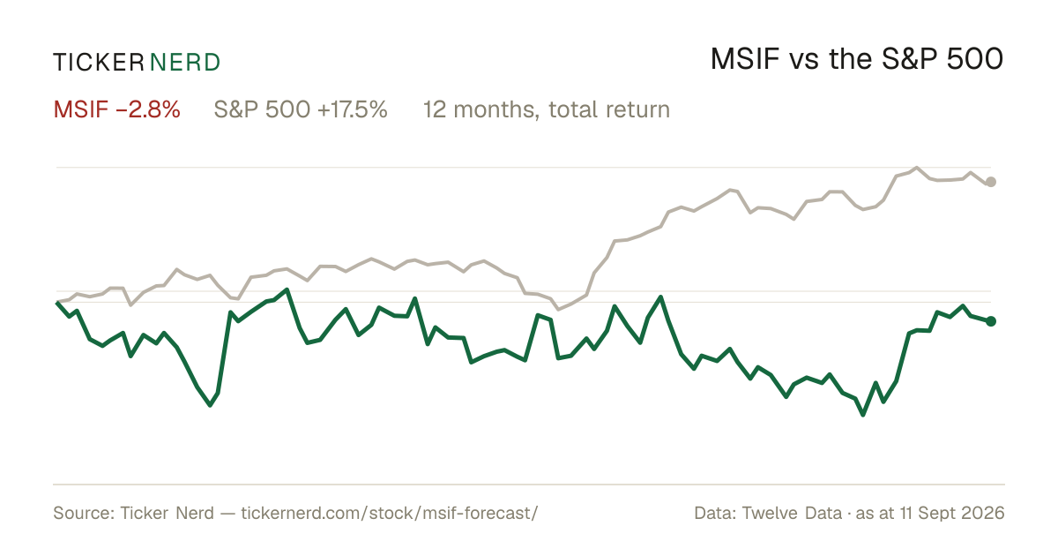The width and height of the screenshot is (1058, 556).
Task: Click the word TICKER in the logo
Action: coord(99,63)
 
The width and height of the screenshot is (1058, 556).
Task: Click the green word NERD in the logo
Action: coord(184,63)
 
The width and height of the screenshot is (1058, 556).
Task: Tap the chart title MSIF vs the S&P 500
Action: coord(857,59)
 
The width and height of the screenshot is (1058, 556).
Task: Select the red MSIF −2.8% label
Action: coord(116,109)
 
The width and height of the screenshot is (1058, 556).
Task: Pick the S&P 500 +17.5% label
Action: coord(301,109)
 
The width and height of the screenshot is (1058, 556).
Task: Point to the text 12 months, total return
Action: coord(547,109)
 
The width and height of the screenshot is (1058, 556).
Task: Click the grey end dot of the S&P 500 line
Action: coord(991,182)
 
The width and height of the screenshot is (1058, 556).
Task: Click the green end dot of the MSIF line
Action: coord(991,321)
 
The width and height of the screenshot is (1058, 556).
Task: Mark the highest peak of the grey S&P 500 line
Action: coord(917,168)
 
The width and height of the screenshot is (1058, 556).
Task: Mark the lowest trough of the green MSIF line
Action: coord(863,415)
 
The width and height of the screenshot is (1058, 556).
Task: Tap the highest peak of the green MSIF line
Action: coord(287,289)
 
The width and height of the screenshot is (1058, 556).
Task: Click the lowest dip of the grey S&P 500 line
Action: coord(558,310)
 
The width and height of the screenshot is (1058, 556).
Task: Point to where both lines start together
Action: coord(57,302)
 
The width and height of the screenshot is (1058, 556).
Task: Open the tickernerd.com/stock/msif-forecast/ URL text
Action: coord(389,513)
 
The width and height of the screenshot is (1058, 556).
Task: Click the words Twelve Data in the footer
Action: coord(792,513)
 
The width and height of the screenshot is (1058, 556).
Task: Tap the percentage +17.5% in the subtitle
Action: coord(353,109)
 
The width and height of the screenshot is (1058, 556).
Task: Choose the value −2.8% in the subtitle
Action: coord(148,109)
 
